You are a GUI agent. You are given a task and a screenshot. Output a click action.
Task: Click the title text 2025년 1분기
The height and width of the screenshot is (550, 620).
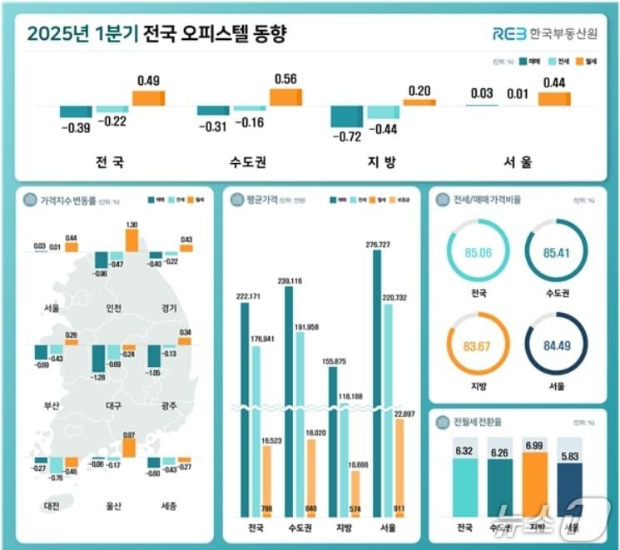click(82, 34)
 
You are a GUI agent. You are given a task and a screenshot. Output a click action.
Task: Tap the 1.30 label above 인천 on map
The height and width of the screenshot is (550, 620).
click(131, 225)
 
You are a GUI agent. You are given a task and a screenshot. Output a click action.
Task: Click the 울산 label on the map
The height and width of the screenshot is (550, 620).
click(114, 506)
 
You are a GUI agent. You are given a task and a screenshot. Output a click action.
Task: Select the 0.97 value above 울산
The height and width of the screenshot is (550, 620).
click(129, 435)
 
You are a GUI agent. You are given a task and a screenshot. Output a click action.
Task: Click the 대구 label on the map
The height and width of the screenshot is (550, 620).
click(114, 406)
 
